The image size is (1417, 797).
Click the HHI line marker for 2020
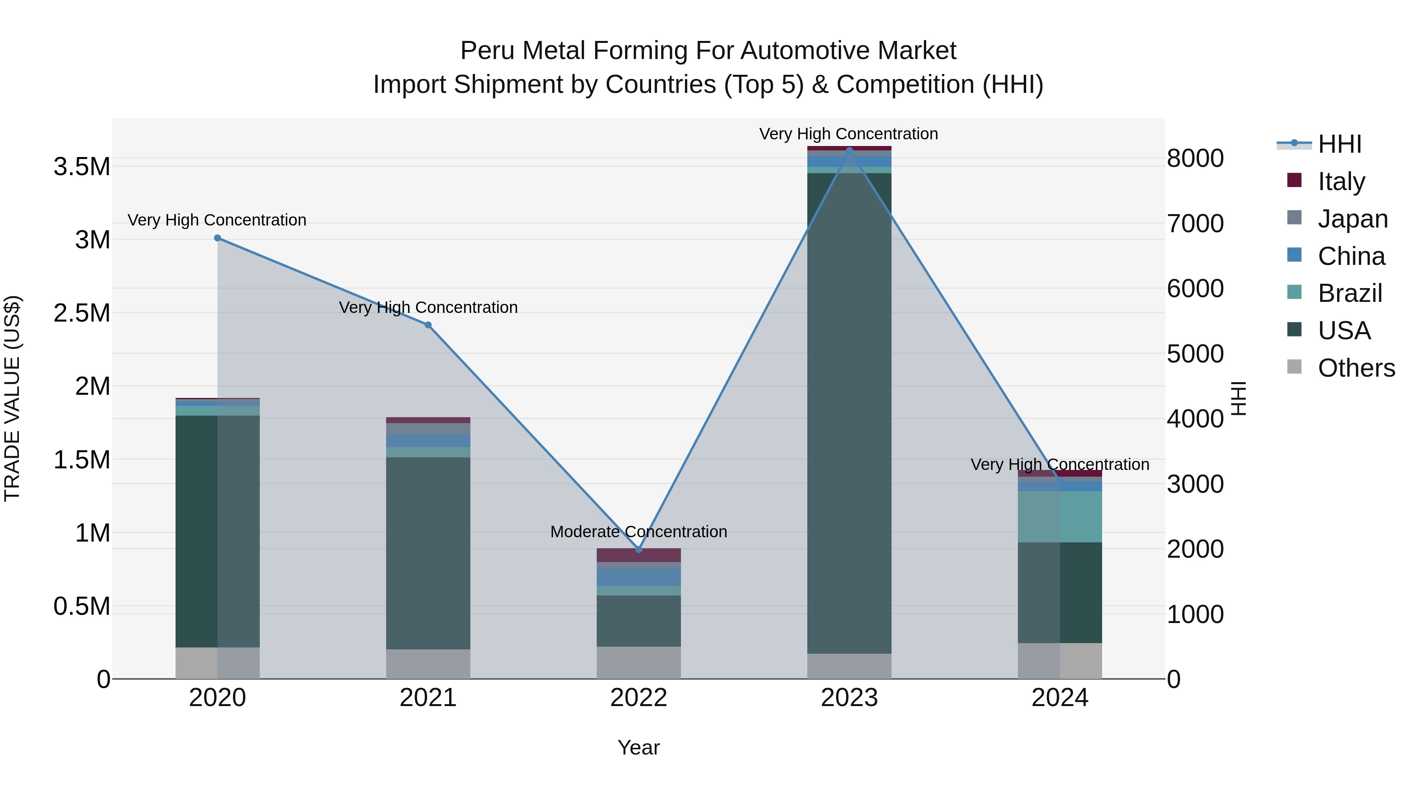[x=217, y=238]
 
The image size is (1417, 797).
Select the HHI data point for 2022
[x=639, y=549]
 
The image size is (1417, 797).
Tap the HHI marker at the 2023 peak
[x=849, y=150]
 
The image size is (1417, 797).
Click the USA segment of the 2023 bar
[x=849, y=412]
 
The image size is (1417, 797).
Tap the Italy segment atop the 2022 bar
[x=639, y=555]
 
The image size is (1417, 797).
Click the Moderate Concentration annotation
[x=639, y=532]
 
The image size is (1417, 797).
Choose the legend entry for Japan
[x=1352, y=219]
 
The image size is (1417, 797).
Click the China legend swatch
[x=1294, y=255]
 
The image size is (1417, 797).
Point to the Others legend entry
[x=1356, y=368]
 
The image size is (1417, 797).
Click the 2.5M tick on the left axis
[x=82, y=313]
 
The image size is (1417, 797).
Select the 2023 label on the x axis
[x=849, y=698]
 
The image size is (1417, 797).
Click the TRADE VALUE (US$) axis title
[x=13, y=398]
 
